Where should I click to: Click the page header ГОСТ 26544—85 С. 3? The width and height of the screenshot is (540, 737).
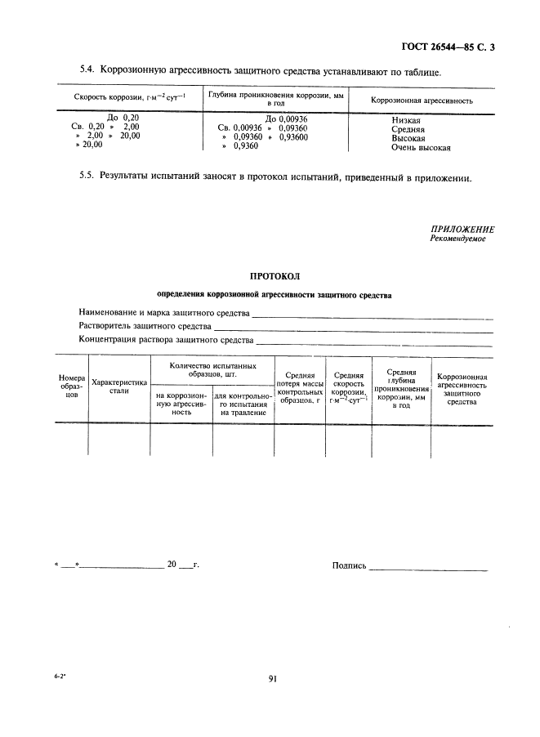(x=449, y=47)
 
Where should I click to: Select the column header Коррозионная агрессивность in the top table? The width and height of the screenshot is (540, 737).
(x=422, y=100)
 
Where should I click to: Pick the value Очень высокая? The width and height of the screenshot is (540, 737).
(x=421, y=148)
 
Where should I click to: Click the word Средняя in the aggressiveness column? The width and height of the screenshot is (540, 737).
(x=408, y=129)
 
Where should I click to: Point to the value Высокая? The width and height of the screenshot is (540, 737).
(x=408, y=138)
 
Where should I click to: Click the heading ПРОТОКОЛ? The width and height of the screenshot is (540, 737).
(x=269, y=276)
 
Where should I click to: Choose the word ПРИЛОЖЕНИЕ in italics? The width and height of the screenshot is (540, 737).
(x=462, y=230)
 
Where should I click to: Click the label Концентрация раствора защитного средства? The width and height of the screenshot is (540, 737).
(x=165, y=340)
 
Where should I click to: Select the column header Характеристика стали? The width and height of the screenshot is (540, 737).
(x=119, y=386)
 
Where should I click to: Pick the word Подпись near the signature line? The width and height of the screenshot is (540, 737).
(x=349, y=565)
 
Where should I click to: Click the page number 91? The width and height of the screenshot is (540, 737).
(x=273, y=678)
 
